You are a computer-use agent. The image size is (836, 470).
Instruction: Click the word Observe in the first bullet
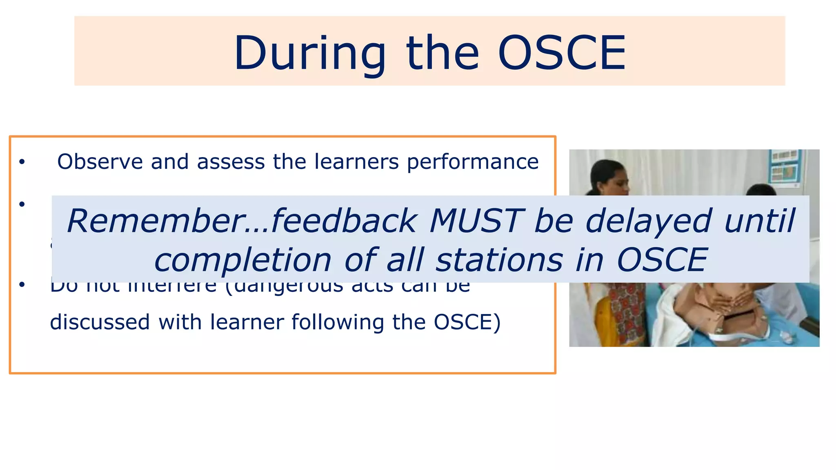[x=100, y=162]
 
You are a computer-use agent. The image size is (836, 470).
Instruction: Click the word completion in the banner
[x=242, y=261]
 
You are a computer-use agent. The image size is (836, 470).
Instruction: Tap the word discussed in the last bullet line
[x=100, y=322]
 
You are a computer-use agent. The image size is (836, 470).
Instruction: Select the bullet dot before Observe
[x=22, y=162]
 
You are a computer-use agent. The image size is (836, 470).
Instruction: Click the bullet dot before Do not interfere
[x=22, y=284]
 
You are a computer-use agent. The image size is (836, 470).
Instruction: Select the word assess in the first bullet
[x=231, y=162]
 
